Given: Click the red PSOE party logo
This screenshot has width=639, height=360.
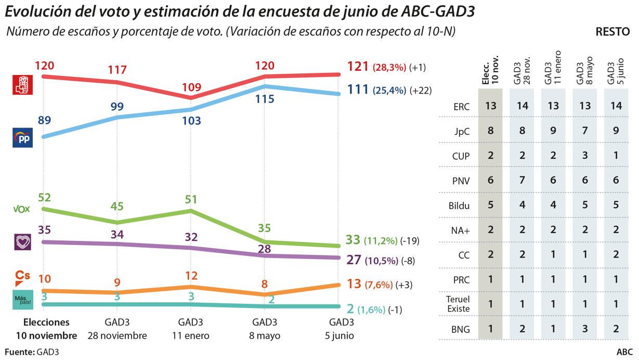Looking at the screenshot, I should pyautogui.click(x=22, y=85).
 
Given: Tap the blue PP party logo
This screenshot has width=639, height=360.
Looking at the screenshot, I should pyautogui.click(x=22, y=138).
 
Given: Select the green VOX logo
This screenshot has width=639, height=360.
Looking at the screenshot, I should pyautogui.click(x=22, y=209).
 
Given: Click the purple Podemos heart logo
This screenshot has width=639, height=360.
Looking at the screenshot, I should pyautogui.click(x=22, y=242).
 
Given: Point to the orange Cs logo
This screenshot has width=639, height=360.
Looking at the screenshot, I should pyautogui.click(x=22, y=277).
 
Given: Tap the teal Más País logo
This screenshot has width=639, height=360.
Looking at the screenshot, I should pyautogui.click(x=22, y=300).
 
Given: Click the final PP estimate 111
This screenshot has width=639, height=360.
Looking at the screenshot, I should pyautogui.click(x=357, y=89).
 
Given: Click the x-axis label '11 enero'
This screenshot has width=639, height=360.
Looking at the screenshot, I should pyautogui.click(x=190, y=336).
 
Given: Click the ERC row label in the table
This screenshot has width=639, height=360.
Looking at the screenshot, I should pyautogui.click(x=461, y=107).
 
